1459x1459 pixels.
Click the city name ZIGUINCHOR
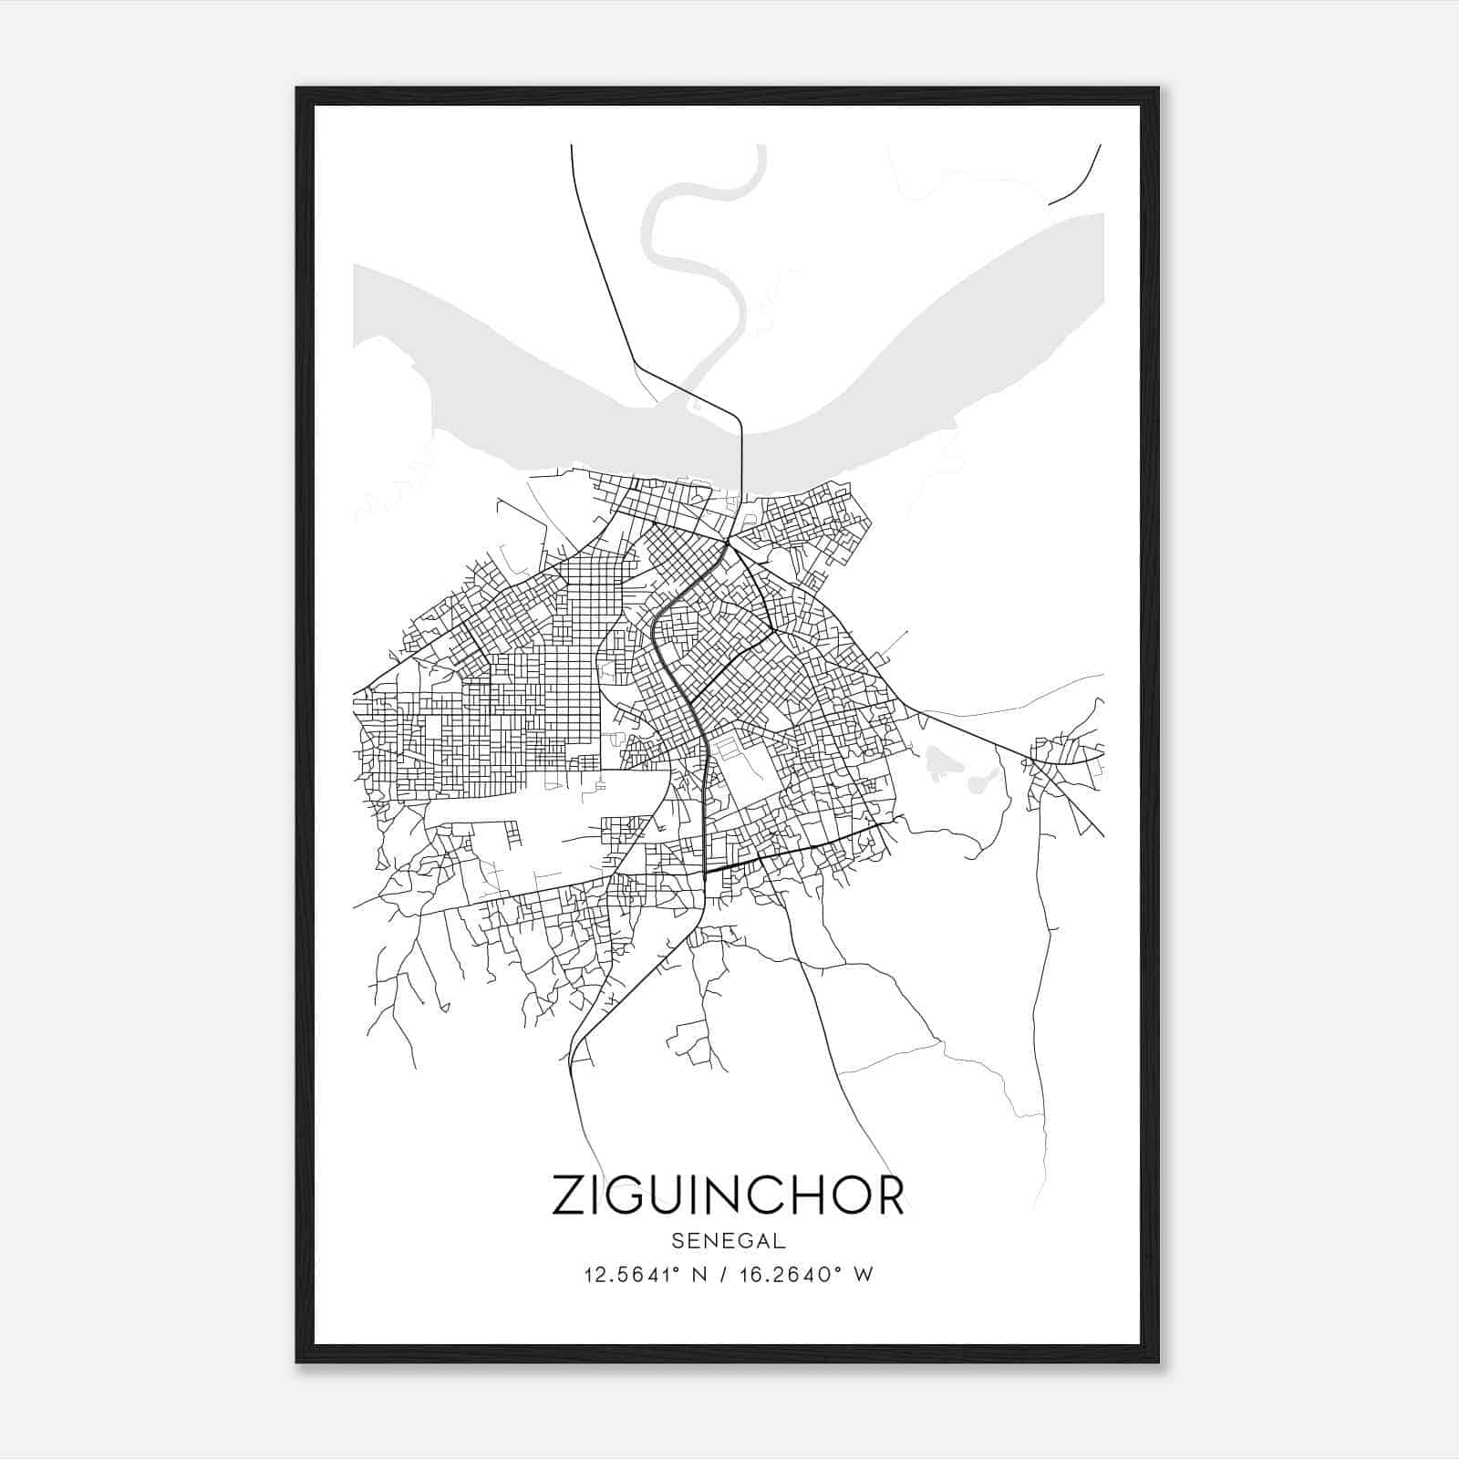click(728, 1195)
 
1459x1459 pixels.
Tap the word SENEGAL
click(728, 1241)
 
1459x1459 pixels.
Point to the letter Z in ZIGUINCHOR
click(572, 1195)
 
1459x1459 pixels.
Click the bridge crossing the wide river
click(741, 465)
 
